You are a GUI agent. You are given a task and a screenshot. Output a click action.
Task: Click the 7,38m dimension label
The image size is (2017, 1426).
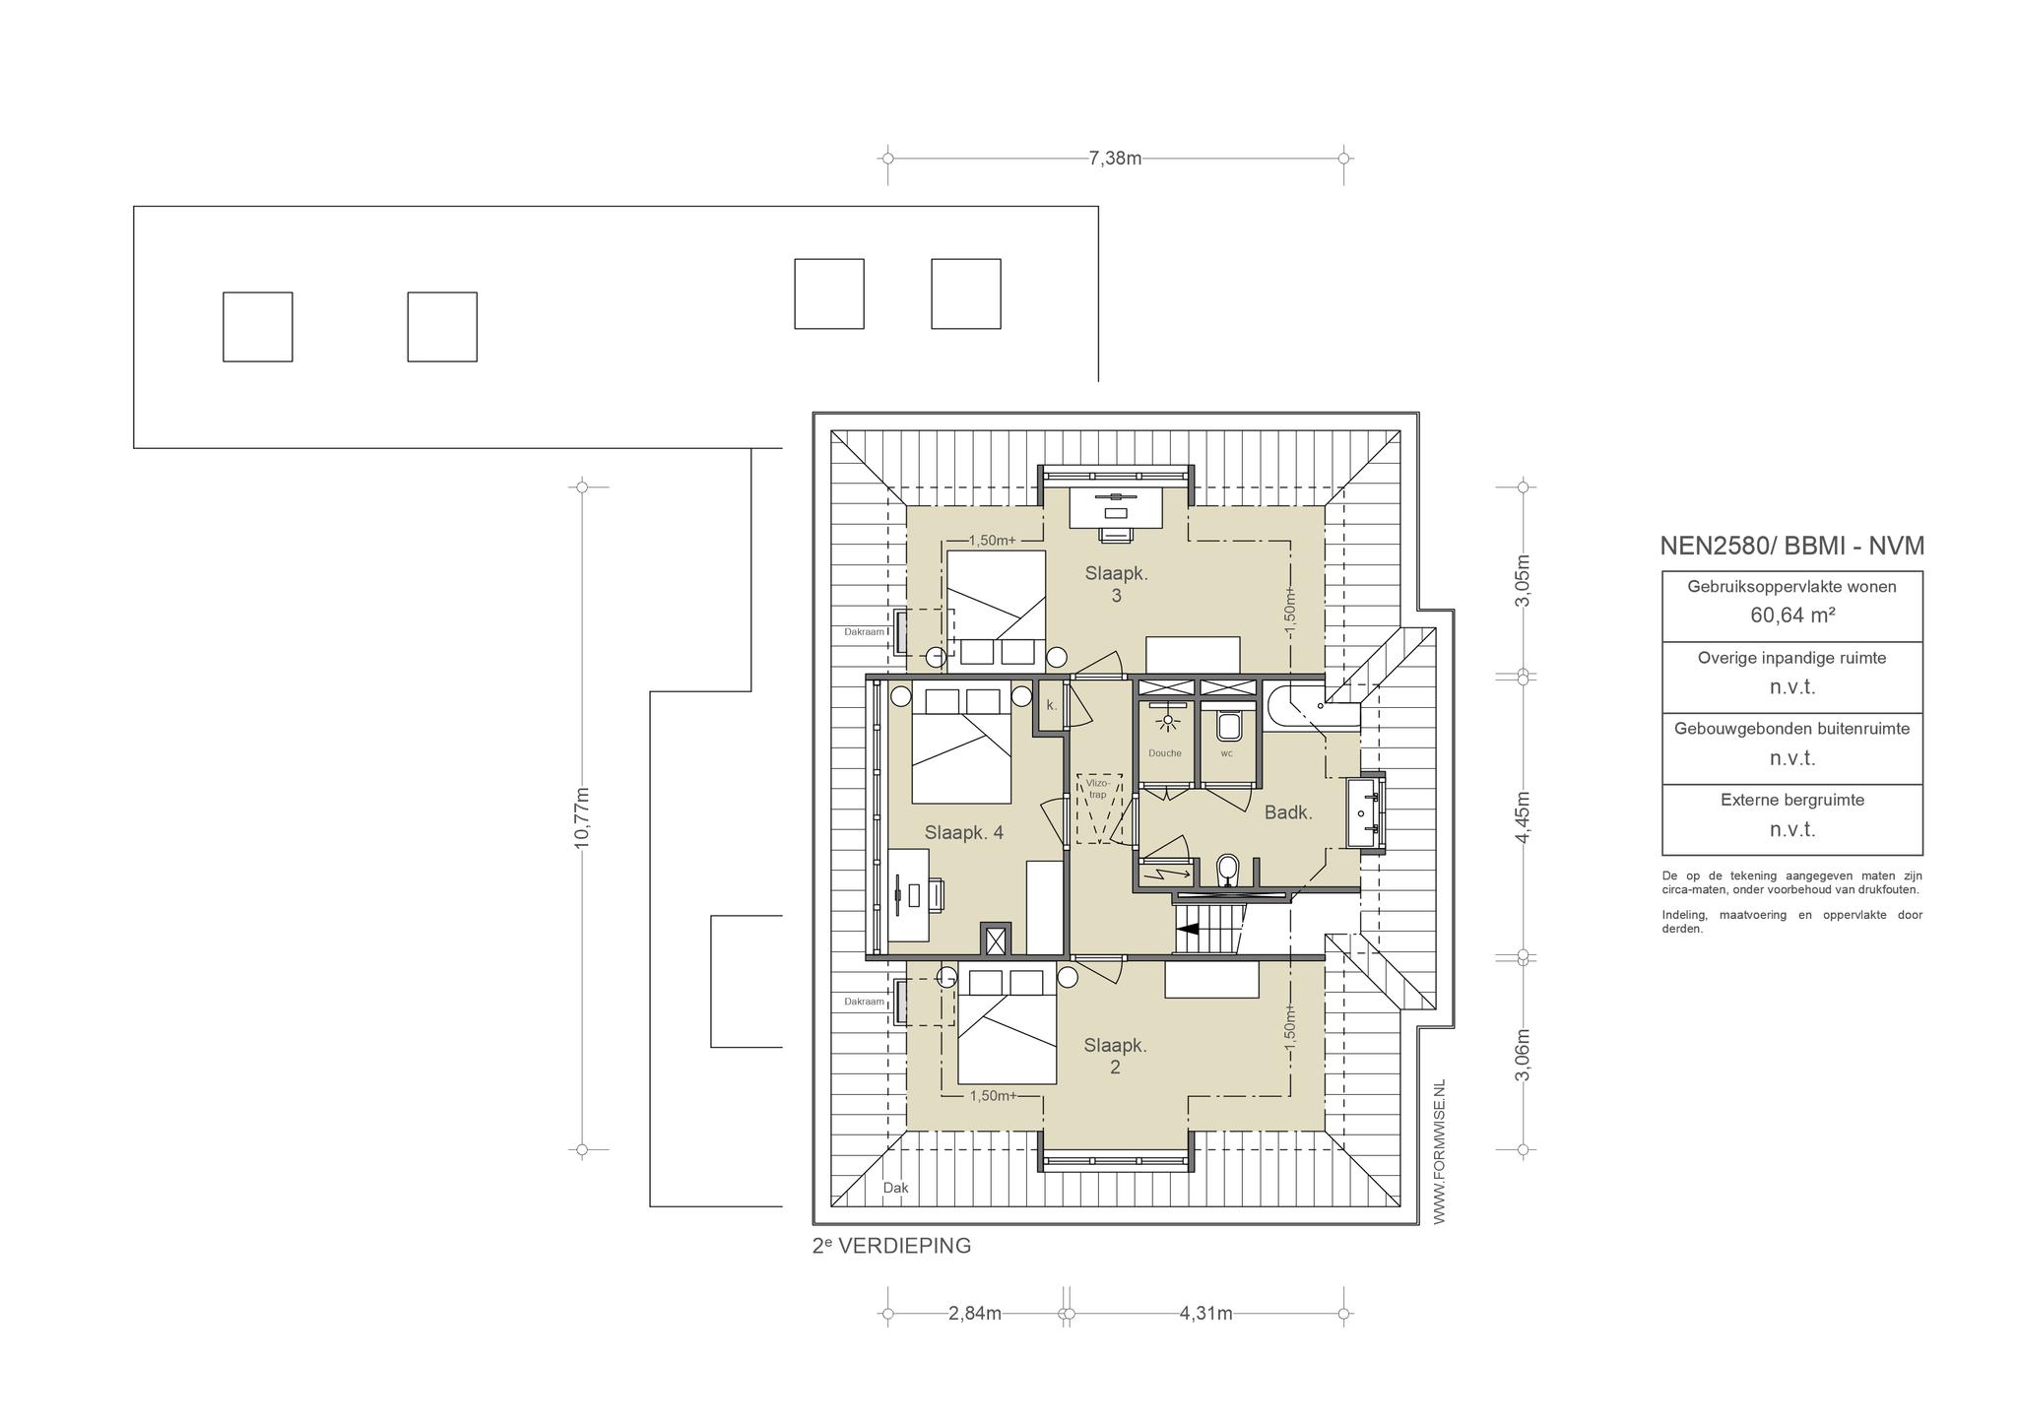point(1115,159)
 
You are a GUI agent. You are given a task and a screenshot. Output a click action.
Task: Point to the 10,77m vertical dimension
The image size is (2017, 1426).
point(581,817)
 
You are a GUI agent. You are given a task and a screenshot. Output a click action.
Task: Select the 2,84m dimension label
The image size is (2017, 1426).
point(975,1314)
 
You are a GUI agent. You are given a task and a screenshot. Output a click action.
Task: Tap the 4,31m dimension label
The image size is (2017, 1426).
point(1205,1314)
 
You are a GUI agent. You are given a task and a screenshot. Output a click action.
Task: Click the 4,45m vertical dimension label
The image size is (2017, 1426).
point(1523,817)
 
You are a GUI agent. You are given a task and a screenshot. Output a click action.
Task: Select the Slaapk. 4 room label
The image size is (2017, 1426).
point(964,833)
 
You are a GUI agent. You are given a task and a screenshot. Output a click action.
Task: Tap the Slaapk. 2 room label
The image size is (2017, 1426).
point(1115,1056)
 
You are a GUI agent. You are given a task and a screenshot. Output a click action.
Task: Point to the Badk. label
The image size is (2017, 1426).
point(1288,813)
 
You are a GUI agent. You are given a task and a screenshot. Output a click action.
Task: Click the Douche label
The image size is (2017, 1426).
point(1164,753)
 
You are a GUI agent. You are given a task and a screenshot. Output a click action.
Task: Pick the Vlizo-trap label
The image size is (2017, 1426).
point(1097,789)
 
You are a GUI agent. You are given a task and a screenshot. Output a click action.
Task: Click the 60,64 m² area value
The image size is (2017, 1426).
point(1791,616)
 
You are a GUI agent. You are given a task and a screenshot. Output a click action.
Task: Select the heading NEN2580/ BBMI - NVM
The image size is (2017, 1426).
point(1791,546)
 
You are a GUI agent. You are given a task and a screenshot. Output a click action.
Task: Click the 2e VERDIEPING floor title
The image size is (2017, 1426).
point(891,1246)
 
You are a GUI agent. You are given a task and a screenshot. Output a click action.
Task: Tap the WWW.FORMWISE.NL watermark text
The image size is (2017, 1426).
point(1439,1152)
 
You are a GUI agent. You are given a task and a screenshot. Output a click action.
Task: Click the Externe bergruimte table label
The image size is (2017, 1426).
point(1792,801)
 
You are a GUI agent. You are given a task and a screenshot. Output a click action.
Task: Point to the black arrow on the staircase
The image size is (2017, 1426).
point(1188,928)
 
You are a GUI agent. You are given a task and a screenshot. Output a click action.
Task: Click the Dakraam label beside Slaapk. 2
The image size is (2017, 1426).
point(864,1002)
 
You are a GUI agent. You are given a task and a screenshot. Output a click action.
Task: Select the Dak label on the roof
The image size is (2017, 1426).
point(895,1189)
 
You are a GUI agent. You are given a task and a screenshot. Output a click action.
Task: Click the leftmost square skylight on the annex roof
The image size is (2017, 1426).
point(257,327)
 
